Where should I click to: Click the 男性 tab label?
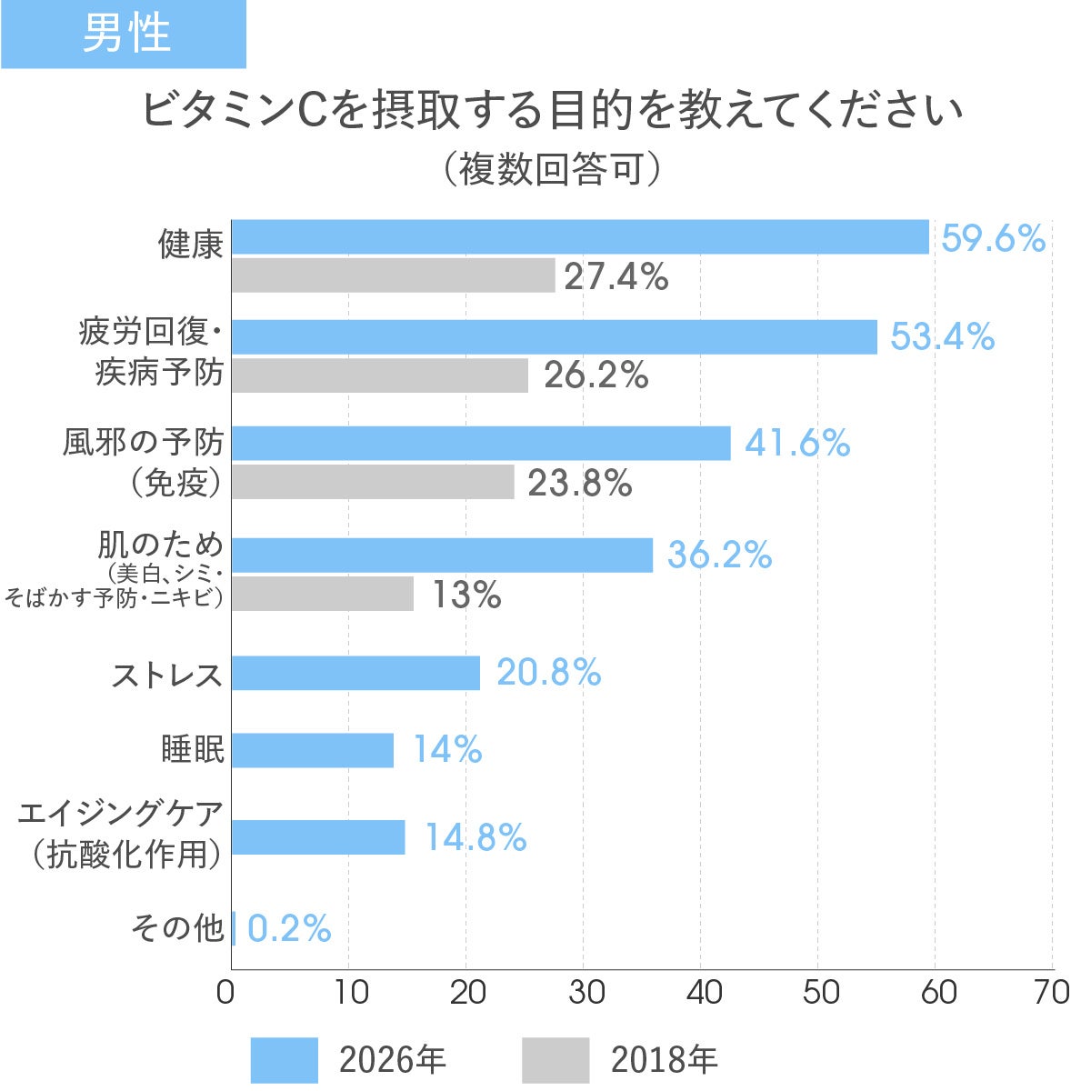point(125,34)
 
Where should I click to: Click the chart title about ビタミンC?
point(551,112)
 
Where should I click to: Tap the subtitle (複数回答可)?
point(551,169)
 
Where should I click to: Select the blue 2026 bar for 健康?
point(580,237)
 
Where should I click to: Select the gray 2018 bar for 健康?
point(393,275)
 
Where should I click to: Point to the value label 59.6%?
point(993,239)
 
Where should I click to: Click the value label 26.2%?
point(596,375)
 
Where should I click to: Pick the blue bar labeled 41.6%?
point(481,443)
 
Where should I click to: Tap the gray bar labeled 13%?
point(323,594)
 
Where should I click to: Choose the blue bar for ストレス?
point(355,673)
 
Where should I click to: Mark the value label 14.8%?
point(475,837)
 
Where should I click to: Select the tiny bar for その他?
point(234,928)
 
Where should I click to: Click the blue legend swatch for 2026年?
point(284,1059)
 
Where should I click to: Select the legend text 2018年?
point(664,1060)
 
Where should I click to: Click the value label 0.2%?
point(289,929)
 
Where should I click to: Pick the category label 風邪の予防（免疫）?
point(144,462)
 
